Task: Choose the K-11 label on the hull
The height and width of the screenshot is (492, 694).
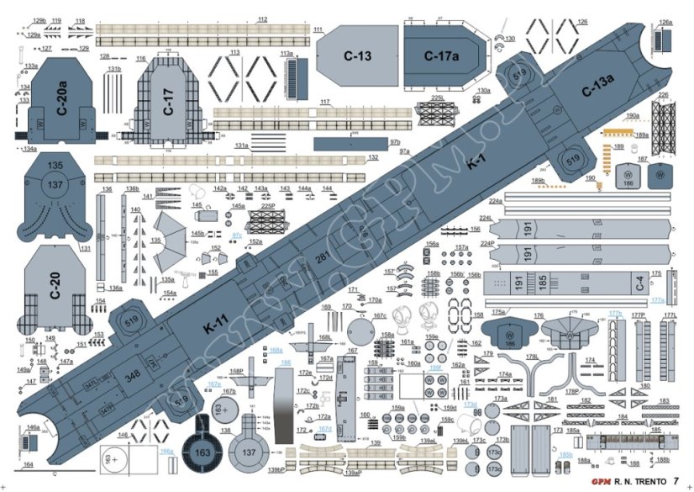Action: pos(216,320)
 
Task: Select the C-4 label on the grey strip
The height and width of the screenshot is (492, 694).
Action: pos(639,283)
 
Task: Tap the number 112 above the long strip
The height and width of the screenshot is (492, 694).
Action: pos(262,19)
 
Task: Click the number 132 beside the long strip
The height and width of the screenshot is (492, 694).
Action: pos(373,158)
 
